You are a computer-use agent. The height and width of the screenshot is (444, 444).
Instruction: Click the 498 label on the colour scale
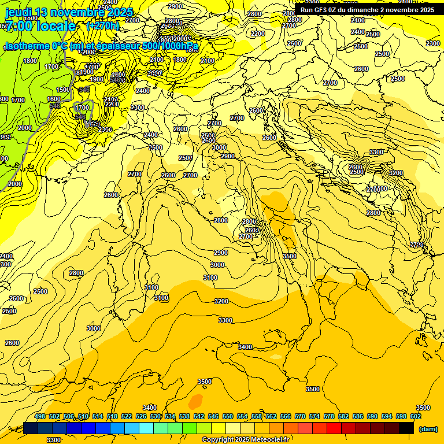[x=40, y=416]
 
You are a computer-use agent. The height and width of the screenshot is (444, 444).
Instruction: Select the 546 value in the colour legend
[x=213, y=416]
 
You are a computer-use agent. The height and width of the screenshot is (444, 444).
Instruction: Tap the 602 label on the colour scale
[x=416, y=416]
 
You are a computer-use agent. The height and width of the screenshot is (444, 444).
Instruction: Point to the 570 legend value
[x=300, y=416]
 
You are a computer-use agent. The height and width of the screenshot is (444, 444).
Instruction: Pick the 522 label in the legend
[x=127, y=416]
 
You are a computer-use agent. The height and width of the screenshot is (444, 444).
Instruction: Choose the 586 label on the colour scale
[x=358, y=416]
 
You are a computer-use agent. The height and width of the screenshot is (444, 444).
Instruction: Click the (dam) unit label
[x=428, y=429]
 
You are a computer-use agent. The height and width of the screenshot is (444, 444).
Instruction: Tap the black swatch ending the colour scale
[x=407, y=428]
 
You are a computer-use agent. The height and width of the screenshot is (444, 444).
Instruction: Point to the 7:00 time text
[x=17, y=27]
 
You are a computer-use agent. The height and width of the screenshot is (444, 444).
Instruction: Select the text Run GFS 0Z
[x=319, y=10]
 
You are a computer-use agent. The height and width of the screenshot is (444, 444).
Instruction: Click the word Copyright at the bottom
[x=218, y=440]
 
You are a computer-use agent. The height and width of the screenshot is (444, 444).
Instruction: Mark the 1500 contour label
[x=63, y=90]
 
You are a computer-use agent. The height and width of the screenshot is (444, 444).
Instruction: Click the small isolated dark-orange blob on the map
[x=196, y=400]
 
